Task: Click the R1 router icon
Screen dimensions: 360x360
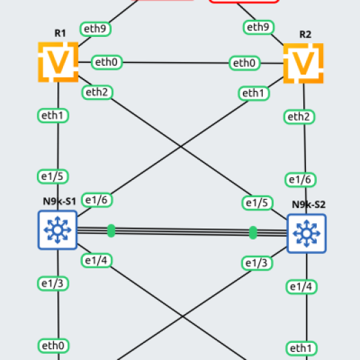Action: tap(58, 62)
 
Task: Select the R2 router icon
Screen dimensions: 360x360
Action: tap(303, 63)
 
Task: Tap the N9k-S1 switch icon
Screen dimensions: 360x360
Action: tap(57, 230)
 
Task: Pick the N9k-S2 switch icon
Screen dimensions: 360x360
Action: tap(307, 233)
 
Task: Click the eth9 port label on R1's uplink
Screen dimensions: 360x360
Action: tap(96, 29)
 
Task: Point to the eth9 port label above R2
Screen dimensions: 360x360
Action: tap(259, 27)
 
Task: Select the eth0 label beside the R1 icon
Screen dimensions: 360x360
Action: tap(107, 62)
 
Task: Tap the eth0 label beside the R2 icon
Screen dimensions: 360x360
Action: tap(244, 63)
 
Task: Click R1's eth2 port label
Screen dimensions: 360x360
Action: tap(97, 92)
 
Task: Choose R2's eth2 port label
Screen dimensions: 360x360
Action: tap(299, 117)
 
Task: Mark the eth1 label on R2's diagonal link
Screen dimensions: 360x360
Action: tap(254, 94)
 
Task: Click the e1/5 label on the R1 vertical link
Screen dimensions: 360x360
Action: tap(53, 177)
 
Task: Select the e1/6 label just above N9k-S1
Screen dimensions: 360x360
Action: tap(97, 200)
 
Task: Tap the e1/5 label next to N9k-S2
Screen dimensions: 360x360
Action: tap(257, 203)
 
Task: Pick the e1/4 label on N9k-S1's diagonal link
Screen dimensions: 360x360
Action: tap(97, 261)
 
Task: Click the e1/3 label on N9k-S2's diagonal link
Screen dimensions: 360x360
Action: tap(257, 263)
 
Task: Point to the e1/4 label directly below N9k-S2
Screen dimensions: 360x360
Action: tap(301, 287)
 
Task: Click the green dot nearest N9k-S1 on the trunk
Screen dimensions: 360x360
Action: tap(111, 231)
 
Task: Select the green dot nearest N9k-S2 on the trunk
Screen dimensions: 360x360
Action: tap(253, 233)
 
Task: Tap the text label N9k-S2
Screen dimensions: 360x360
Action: tap(309, 205)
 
